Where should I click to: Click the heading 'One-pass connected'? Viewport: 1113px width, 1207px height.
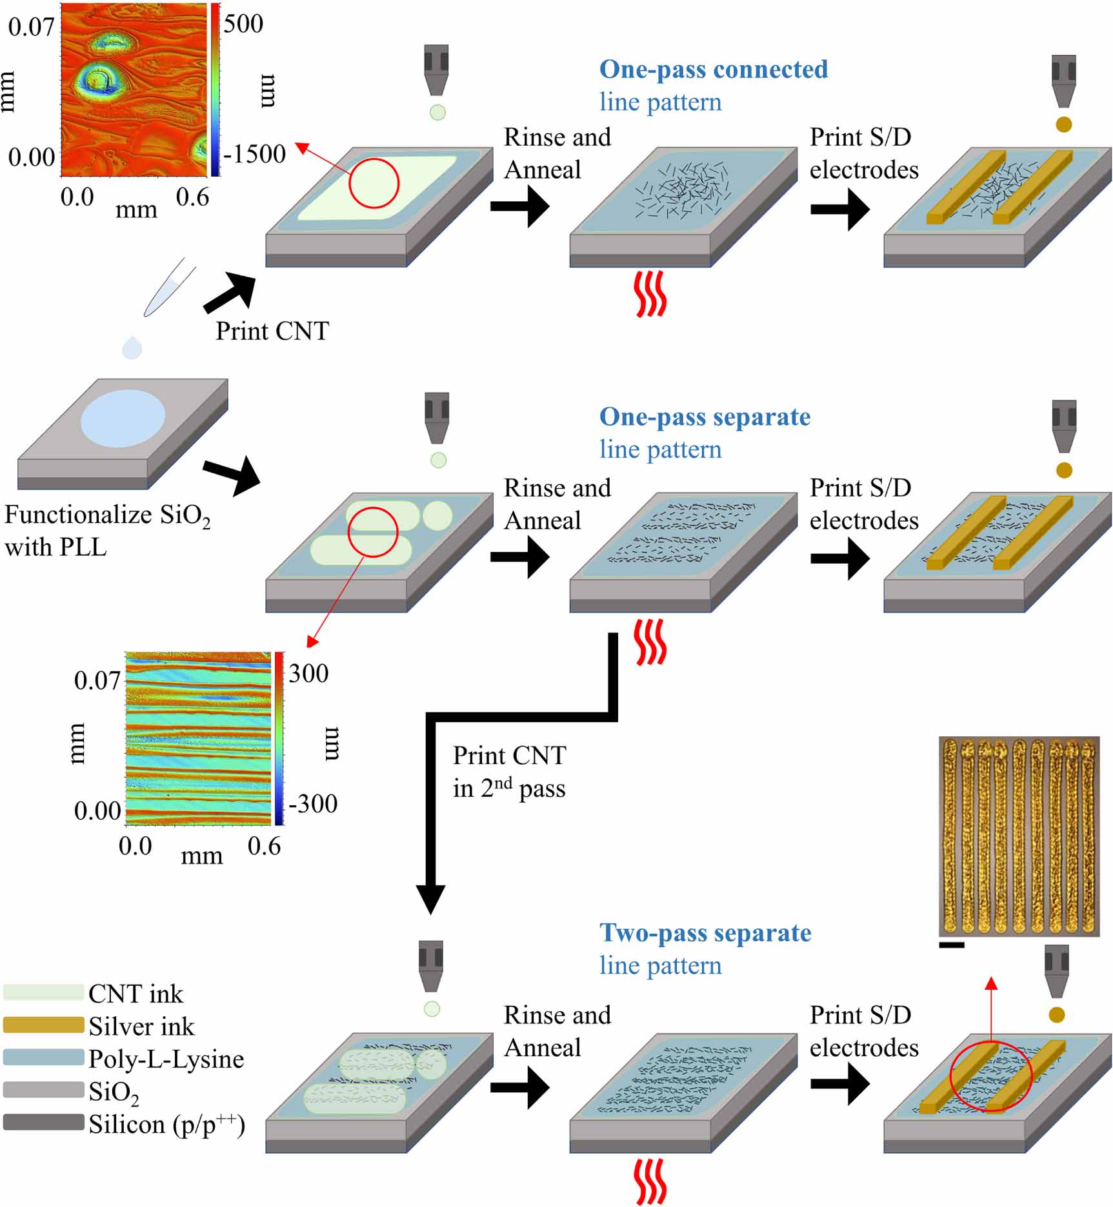[x=713, y=70]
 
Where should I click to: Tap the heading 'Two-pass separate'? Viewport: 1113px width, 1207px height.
[x=705, y=933]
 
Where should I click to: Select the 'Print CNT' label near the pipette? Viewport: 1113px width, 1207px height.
[x=272, y=331]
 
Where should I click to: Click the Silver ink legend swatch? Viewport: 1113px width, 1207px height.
[x=43, y=1025]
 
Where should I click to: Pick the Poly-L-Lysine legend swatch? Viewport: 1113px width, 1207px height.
[x=43, y=1057]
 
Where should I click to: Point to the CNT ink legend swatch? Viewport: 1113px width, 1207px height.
[x=43, y=992]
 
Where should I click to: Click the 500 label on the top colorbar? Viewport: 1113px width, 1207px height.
[x=243, y=25]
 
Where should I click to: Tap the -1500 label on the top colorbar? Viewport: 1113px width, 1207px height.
[x=254, y=154]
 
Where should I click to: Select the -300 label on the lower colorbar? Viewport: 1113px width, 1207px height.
[x=313, y=804]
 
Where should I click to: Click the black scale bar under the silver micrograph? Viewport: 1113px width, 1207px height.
[x=952, y=945]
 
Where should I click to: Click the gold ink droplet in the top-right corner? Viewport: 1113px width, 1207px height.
[x=1063, y=124]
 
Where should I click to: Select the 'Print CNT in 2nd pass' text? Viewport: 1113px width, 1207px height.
[x=508, y=772]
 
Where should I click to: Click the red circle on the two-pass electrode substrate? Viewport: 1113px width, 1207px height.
[x=990, y=1076]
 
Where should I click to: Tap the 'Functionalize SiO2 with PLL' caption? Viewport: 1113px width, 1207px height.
[x=106, y=531]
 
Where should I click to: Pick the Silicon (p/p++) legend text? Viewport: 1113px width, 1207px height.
[x=166, y=1124]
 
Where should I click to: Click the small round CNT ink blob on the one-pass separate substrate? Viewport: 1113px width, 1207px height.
[x=437, y=516]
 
